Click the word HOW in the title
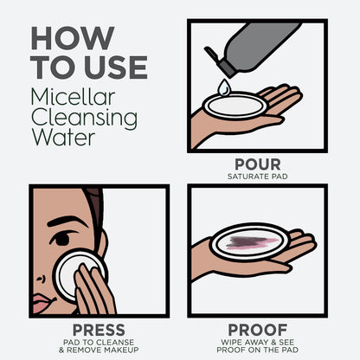pos(73,38)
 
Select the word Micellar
pos(73,97)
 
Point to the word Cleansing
pos(84,118)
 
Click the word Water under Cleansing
pos(63,137)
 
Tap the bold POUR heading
pos(258,164)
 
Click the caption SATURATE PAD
pos(258,177)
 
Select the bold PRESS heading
pos(99,330)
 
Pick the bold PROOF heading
pos(258,330)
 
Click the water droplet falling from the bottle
pos(224,87)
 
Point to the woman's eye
pos(61,239)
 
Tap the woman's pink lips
pos(43,303)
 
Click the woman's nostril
pos(41,279)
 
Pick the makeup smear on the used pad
pos(252,242)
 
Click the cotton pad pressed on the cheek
pos(77,273)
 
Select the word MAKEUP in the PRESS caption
pos(121,350)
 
